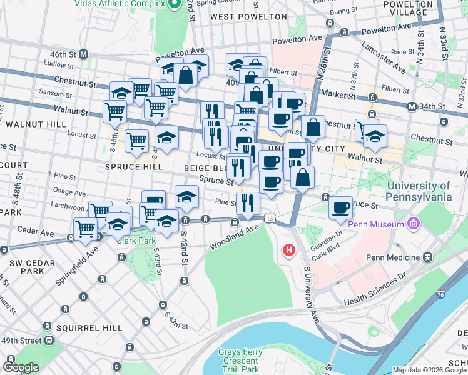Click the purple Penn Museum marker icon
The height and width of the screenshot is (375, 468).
(412, 223)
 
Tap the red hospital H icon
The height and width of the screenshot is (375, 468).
(289, 251)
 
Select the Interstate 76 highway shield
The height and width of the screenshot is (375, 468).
(442, 293)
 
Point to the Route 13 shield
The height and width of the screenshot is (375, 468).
(269, 219)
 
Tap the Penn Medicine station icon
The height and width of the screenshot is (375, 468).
(428, 257)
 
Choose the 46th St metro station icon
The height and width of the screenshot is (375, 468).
(83, 54)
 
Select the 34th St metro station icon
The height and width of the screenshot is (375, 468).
(412, 107)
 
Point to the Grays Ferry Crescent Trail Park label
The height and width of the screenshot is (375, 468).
(238, 361)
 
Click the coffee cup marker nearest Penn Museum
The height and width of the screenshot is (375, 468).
(340, 207)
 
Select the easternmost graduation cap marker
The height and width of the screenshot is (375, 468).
(375, 136)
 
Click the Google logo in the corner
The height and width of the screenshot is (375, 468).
(20, 367)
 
